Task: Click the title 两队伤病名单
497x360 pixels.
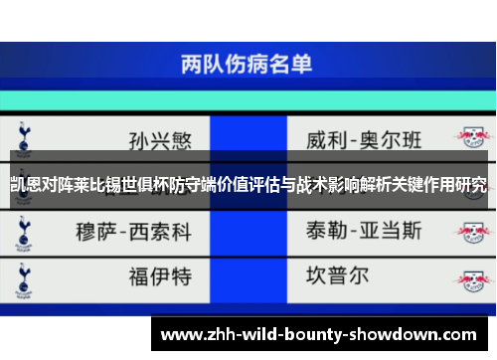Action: coord(247,65)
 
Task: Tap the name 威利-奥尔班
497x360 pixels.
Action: coord(365,136)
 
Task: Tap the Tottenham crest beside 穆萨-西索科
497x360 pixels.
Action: coord(22,231)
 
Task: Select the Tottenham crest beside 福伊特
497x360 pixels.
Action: coord(22,273)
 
